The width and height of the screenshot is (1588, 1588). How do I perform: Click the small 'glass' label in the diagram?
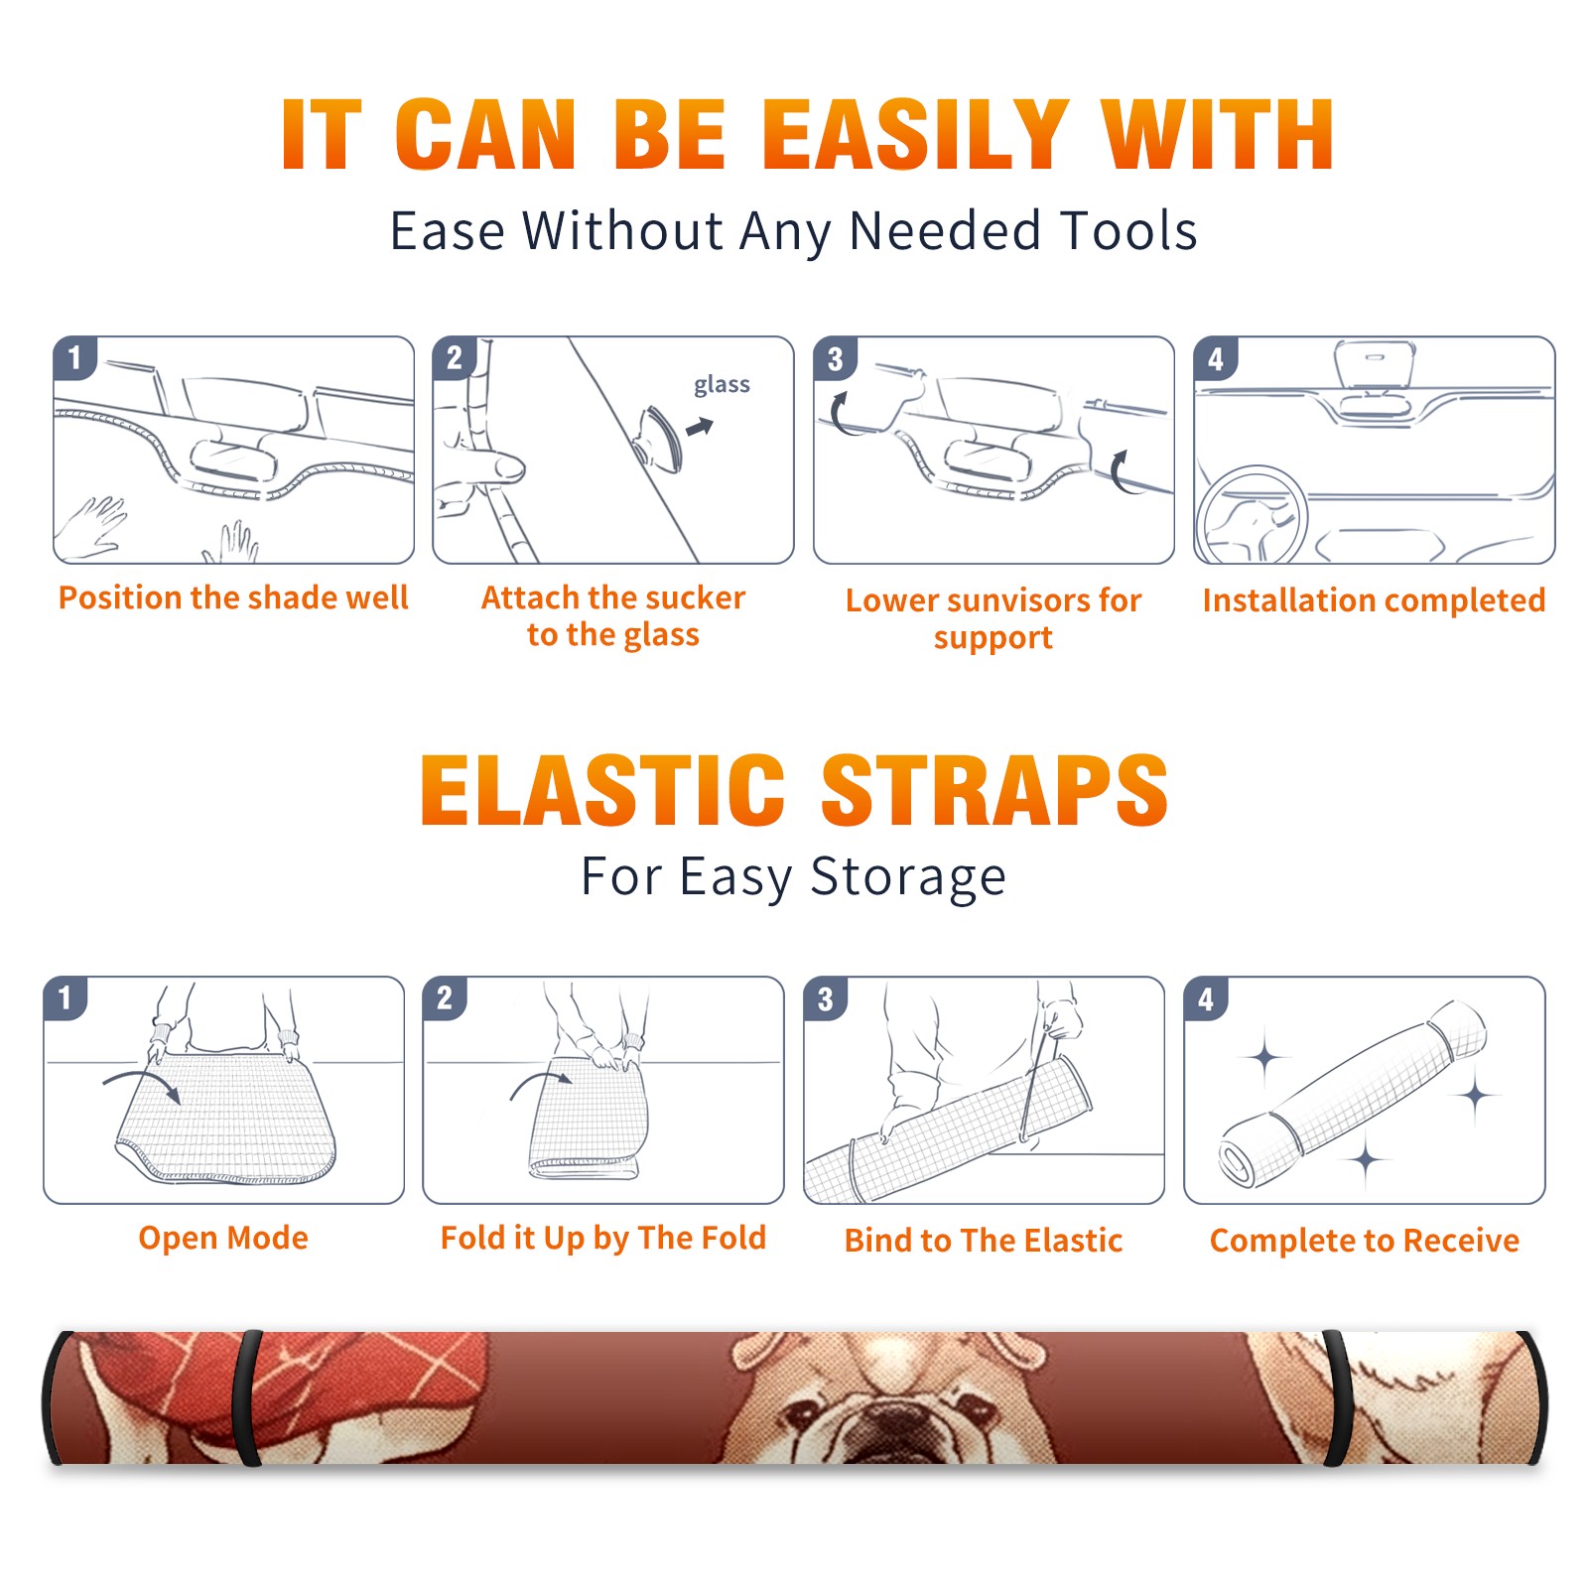click(722, 385)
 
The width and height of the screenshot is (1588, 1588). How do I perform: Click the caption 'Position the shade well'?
click(233, 597)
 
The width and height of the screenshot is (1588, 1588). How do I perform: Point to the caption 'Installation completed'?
click(1374, 599)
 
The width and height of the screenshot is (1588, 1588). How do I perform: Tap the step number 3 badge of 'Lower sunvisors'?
click(835, 358)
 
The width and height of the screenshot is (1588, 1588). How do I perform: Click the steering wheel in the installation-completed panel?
click(1251, 516)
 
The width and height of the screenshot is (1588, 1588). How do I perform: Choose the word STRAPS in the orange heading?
click(994, 790)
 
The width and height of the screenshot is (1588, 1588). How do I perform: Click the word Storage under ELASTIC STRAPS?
click(908, 877)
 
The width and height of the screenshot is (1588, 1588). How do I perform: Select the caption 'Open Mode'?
click(223, 1238)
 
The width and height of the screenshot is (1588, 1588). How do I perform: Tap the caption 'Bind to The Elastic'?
click(984, 1241)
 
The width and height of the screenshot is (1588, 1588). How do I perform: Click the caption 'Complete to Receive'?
click(1365, 1241)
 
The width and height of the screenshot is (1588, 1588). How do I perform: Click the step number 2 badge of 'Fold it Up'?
click(445, 998)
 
